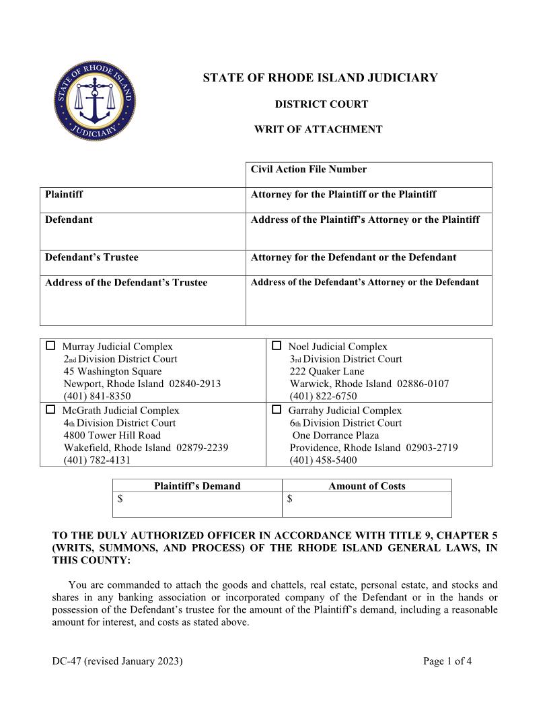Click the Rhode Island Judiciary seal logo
95,101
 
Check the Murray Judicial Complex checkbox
50,346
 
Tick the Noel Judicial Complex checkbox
277,346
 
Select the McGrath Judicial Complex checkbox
50,409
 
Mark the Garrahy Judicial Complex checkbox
277,409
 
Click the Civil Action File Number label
309,169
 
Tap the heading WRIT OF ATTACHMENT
318,129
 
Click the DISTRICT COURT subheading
321,104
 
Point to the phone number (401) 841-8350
97,397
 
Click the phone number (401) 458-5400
323,461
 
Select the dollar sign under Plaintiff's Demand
120,499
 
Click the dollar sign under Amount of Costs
289,499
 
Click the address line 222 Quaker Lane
327,372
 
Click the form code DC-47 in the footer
66,661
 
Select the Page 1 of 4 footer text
447,661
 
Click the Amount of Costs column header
367,486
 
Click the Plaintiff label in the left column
64,195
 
